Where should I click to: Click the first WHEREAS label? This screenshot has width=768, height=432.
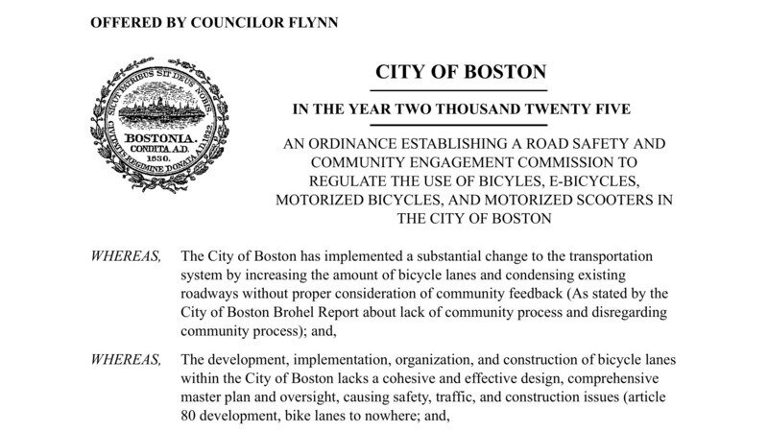125,257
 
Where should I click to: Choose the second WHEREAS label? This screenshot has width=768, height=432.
125,360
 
